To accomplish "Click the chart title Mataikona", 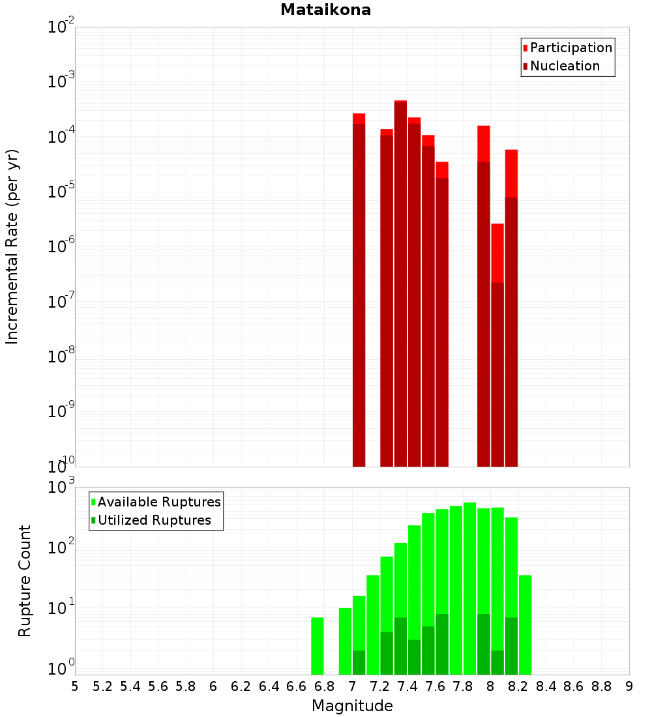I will (x=325, y=10).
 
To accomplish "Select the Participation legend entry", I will (x=570, y=48).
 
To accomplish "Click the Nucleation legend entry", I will (x=564, y=66).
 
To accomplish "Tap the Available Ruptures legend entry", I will (x=158, y=502).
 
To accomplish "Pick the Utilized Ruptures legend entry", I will (x=154, y=520).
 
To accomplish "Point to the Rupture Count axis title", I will (x=25, y=581).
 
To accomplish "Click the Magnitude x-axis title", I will (x=352, y=706).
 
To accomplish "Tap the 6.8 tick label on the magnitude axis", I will (x=324, y=686).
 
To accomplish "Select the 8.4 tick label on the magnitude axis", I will (x=546, y=686).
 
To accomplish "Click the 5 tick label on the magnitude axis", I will (x=75, y=686).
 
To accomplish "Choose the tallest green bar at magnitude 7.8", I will (x=469, y=587).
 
